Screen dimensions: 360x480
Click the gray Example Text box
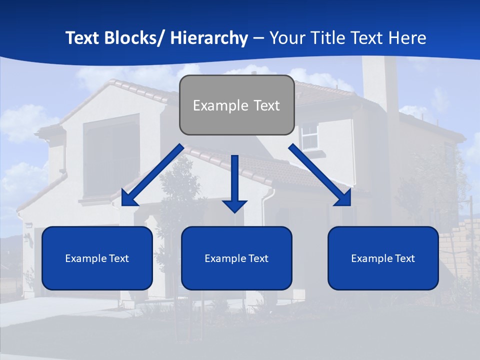[x=236, y=105]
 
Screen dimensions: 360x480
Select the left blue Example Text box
[x=97, y=258]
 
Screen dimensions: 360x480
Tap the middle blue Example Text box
[x=236, y=258]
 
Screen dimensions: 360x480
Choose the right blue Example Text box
[x=383, y=258]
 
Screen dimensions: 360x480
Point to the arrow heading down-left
[x=152, y=175]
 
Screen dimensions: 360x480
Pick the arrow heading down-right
[x=320, y=175]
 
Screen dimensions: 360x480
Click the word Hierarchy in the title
[x=209, y=38]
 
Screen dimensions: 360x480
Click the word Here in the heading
[x=406, y=38]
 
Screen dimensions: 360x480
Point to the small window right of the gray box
[x=309, y=135]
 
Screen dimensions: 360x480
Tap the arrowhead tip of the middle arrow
[x=235, y=211]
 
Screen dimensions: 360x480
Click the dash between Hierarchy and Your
[x=258, y=38]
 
